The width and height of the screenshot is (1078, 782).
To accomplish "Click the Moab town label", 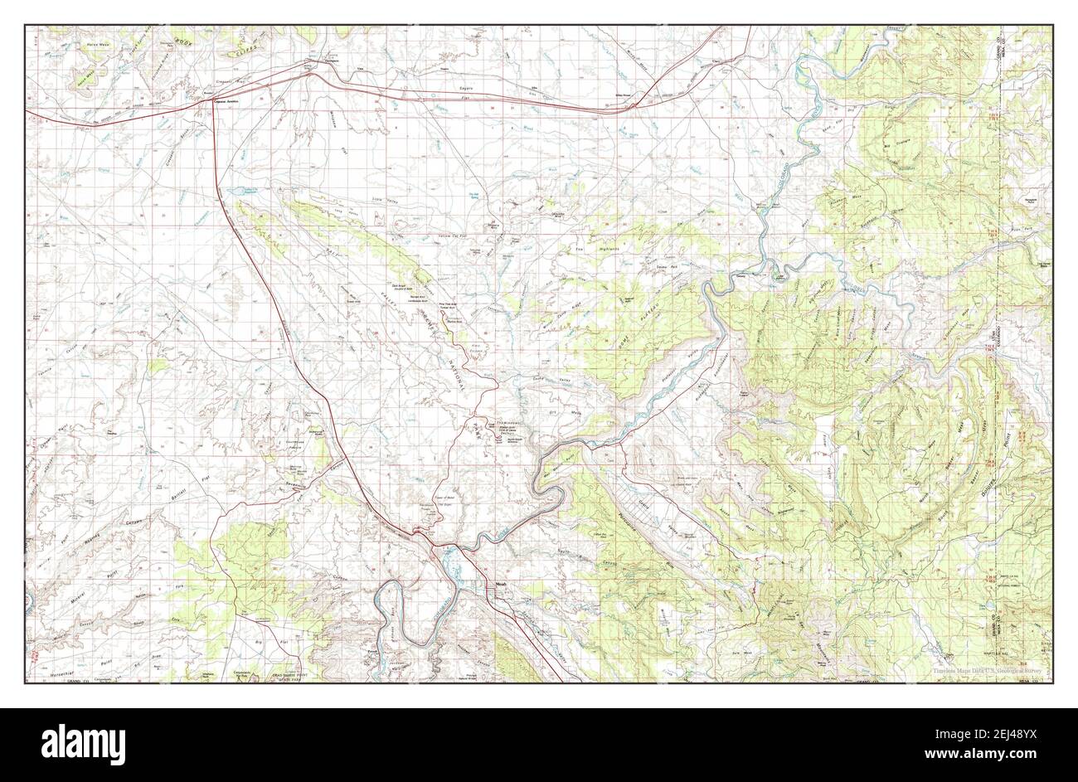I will [x=500, y=581].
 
